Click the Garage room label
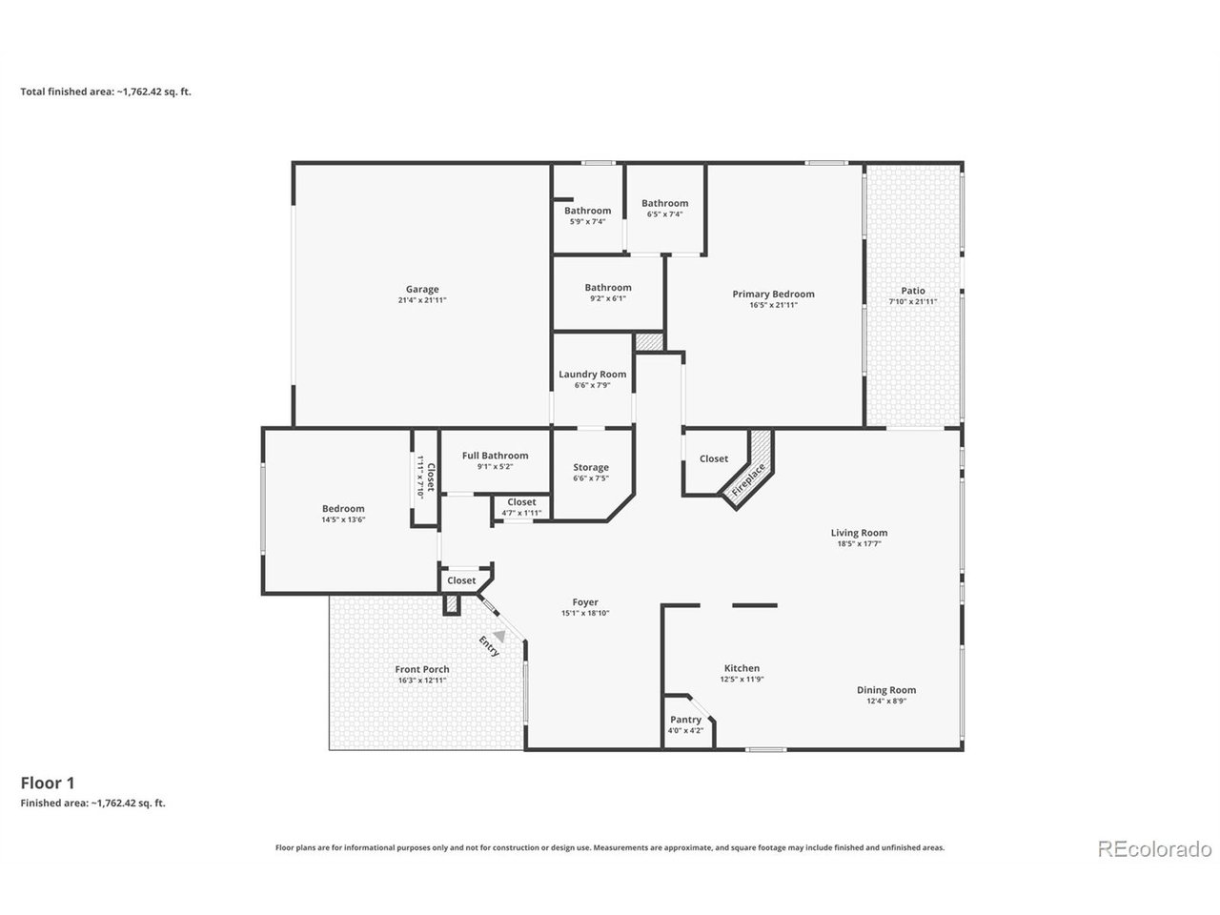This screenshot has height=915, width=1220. (422, 289)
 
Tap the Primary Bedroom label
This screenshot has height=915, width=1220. (773, 294)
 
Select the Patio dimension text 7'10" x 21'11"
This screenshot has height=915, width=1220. (913, 302)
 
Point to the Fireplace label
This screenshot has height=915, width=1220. (748, 479)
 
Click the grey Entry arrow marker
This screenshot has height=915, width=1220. (499, 636)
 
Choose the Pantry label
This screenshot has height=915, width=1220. (684, 720)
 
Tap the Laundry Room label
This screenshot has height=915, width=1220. (592, 375)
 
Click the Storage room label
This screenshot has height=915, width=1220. (590, 468)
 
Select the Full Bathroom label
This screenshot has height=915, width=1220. (495, 456)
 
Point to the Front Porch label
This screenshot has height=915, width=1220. (422, 669)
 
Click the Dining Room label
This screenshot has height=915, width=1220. (886, 690)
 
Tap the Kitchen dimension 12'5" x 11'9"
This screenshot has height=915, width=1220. (742, 679)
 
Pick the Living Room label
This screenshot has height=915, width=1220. (859, 533)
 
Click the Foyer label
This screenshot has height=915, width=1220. (584, 602)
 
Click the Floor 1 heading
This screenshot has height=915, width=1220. (48, 783)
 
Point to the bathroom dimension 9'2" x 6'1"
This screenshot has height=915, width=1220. (607, 298)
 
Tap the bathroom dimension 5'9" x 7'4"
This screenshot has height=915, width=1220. (587, 222)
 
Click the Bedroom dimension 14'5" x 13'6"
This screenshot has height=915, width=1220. (343, 520)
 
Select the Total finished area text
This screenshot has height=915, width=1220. (106, 91)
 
